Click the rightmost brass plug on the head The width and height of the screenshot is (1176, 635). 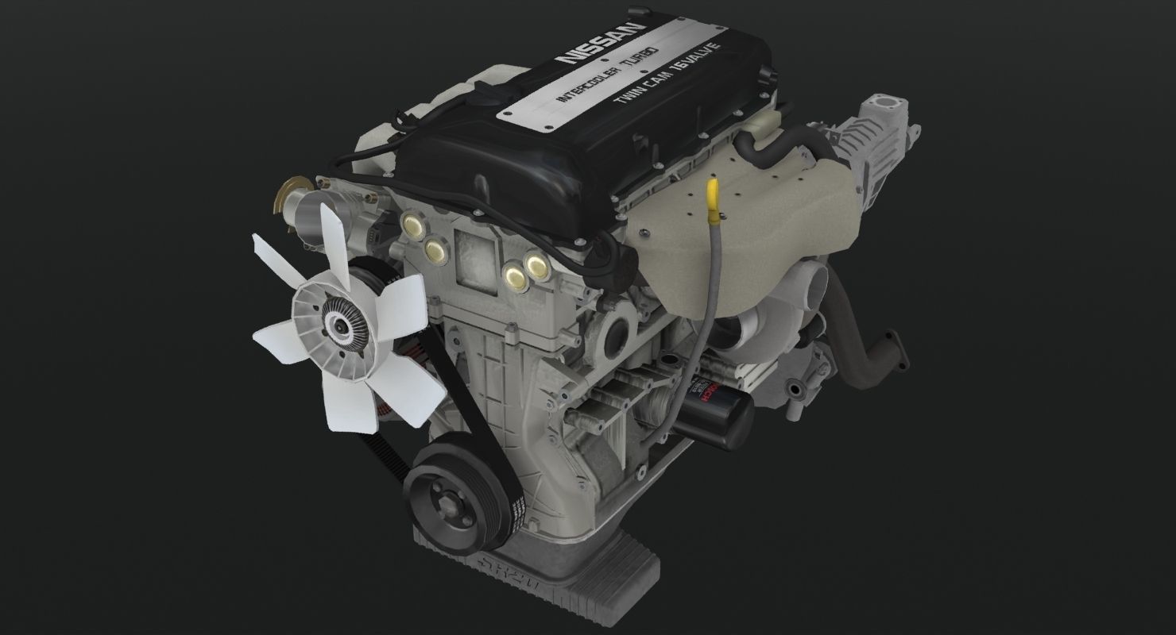point(538,265)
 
